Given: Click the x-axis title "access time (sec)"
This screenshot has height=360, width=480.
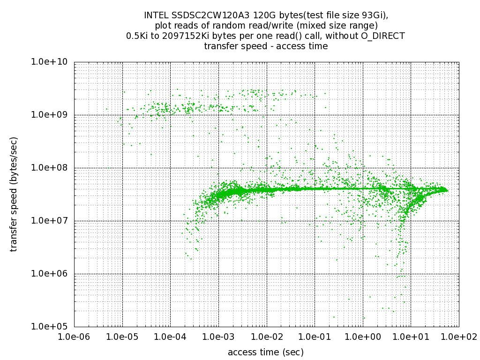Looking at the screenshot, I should [266, 352].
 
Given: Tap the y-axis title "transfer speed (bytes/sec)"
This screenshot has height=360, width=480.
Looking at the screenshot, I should [15, 194].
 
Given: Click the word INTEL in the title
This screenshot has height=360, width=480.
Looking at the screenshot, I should [155, 15].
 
